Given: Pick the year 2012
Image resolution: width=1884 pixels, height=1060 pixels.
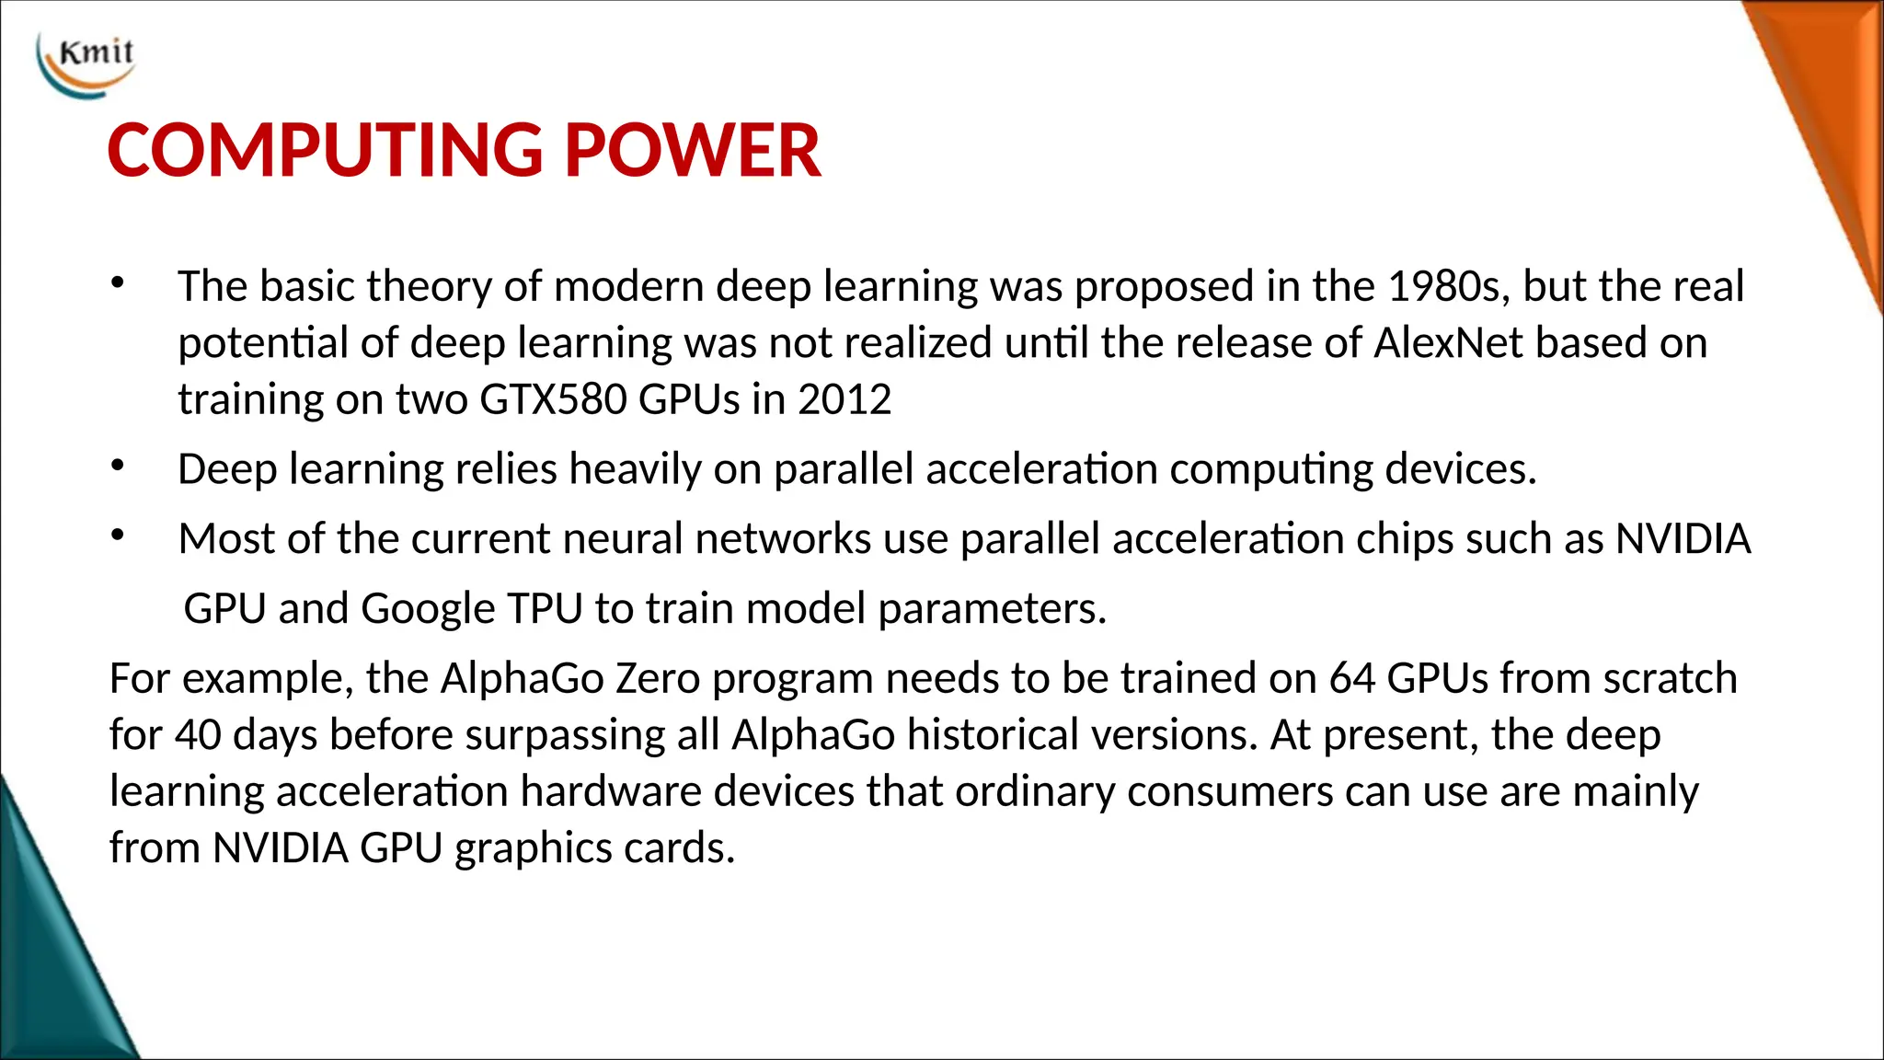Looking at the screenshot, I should [844, 400].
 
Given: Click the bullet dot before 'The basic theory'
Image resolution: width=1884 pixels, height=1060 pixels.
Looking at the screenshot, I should [117, 283].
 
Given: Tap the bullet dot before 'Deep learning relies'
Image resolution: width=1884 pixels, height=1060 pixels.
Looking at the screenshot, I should [117, 466].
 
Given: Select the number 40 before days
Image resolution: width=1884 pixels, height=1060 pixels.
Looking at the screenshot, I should [198, 735].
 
